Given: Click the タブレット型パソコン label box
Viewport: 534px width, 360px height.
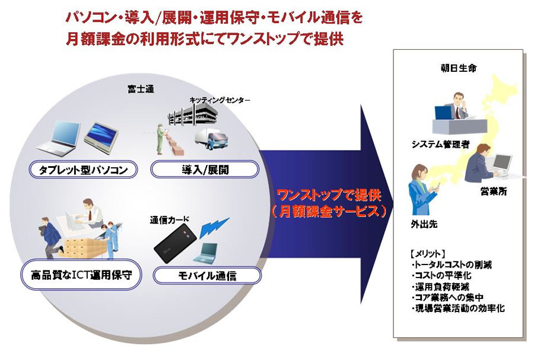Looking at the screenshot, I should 83,170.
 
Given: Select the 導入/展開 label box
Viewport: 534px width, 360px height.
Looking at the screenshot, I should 205,170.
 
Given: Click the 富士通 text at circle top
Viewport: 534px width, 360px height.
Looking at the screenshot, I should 141,89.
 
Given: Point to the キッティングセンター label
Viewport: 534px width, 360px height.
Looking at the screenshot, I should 220,101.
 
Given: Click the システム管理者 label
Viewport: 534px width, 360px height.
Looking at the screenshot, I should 440,144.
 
